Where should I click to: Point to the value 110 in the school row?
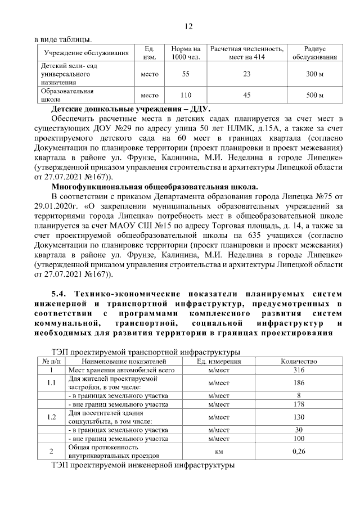pos(186,95)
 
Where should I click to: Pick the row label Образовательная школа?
pos(67,94)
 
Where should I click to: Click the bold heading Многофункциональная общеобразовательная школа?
pos(155,186)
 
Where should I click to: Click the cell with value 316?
pos(299,370)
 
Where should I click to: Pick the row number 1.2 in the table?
pos(52,417)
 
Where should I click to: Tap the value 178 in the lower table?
pos(299,404)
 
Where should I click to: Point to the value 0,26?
pos(299,452)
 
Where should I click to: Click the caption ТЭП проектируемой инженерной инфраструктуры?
pos(142,466)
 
